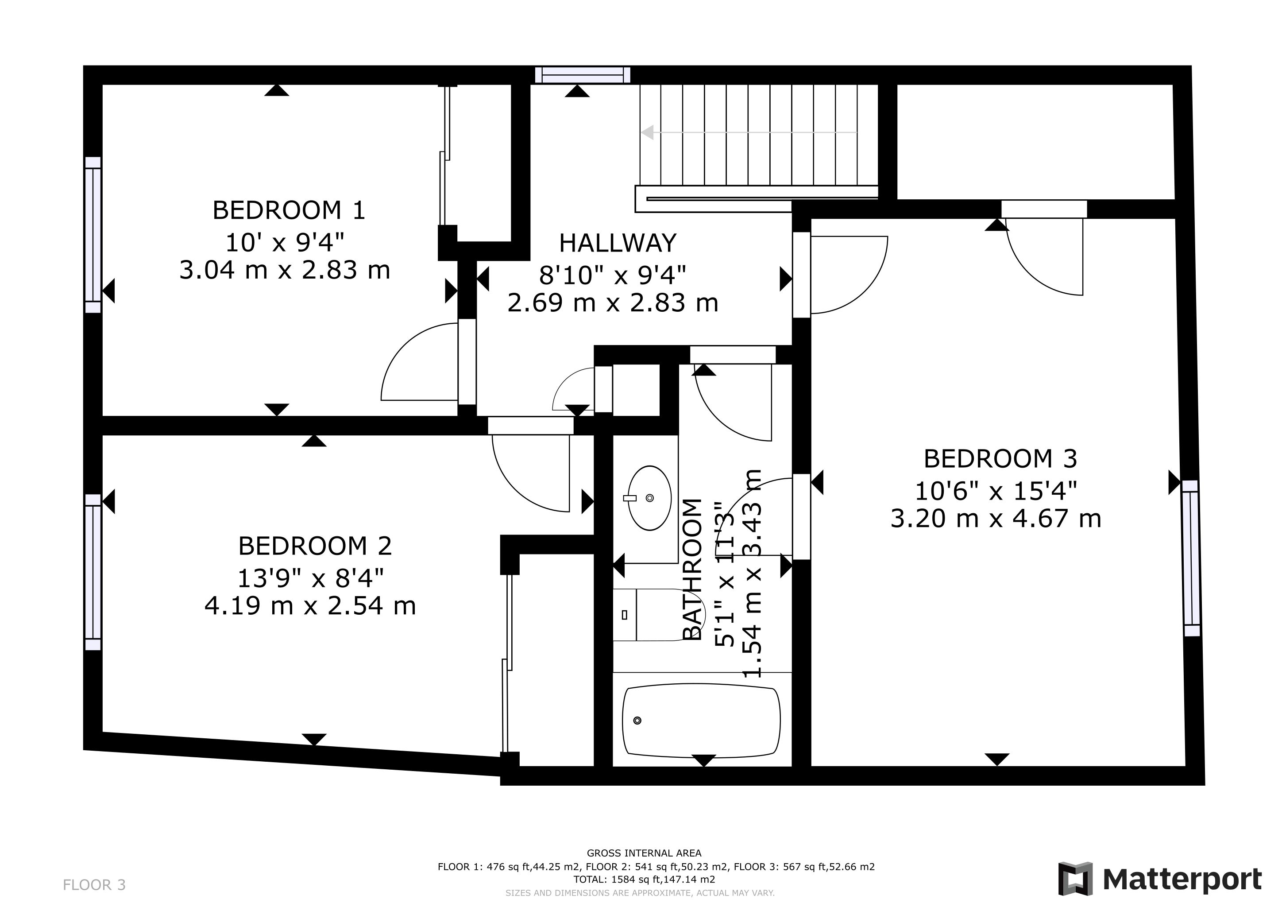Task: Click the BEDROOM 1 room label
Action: coord(289,210)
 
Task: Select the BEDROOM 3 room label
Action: coord(1000,459)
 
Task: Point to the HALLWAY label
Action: coord(618,243)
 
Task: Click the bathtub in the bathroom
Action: coord(701,721)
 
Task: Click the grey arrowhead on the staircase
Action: coord(647,133)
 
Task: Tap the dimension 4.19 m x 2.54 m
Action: coord(310,606)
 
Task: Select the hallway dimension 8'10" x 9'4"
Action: coord(613,275)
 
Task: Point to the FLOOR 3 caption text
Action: coord(94,885)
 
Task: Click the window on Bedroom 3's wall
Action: coord(1190,558)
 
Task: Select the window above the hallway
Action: coord(583,75)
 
